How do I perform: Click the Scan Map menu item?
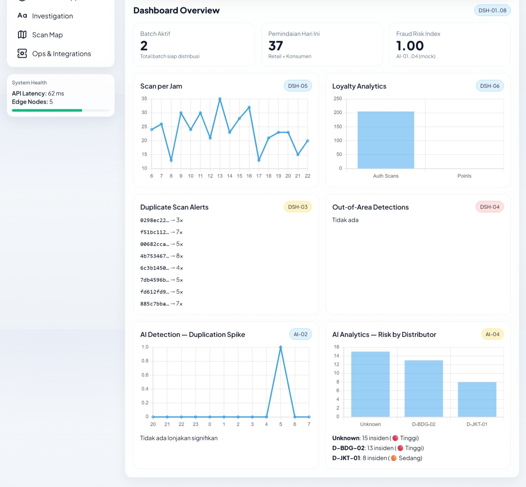tap(47, 35)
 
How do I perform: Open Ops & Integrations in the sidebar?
tap(61, 54)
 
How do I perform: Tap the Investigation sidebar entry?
tap(52, 16)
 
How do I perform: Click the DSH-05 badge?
tap(298, 86)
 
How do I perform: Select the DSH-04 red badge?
tap(489, 207)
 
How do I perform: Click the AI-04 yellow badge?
tap(492, 334)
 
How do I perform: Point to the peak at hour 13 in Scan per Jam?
tap(220, 99)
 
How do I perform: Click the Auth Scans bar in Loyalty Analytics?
tap(385, 140)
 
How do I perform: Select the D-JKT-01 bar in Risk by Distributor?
tap(477, 399)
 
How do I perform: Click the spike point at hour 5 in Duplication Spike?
tap(280, 347)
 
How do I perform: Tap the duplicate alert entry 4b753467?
tap(161, 256)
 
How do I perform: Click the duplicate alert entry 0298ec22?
tap(161, 220)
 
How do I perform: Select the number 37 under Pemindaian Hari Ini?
tap(276, 46)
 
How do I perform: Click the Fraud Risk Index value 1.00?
tap(410, 46)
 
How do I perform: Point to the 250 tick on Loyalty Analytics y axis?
tap(338, 99)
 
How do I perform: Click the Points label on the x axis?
tap(464, 176)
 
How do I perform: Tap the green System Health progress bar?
tap(47, 110)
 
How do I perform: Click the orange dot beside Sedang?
tap(394, 458)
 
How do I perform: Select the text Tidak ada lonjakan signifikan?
tap(179, 438)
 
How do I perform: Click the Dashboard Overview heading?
tap(176, 10)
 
